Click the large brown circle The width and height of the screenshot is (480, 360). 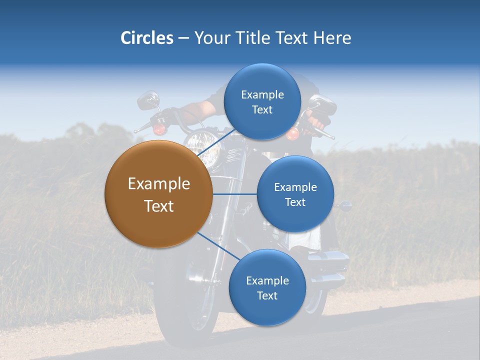click(x=158, y=194)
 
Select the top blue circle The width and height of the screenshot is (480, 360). click(x=262, y=101)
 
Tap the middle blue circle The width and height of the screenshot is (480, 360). click(x=295, y=194)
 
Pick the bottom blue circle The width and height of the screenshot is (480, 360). click(x=267, y=287)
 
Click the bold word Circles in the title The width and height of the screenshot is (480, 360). click(x=147, y=38)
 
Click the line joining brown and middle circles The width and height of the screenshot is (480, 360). click(x=234, y=194)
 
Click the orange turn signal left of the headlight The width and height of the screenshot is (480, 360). click(x=159, y=129)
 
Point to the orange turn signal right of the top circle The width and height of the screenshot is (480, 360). click(x=292, y=133)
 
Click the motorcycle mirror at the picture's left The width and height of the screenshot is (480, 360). click(x=148, y=100)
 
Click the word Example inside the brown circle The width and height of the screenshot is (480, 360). click(x=158, y=184)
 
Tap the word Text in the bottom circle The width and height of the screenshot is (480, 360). click(x=267, y=295)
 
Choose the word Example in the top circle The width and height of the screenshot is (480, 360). click(x=262, y=94)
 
